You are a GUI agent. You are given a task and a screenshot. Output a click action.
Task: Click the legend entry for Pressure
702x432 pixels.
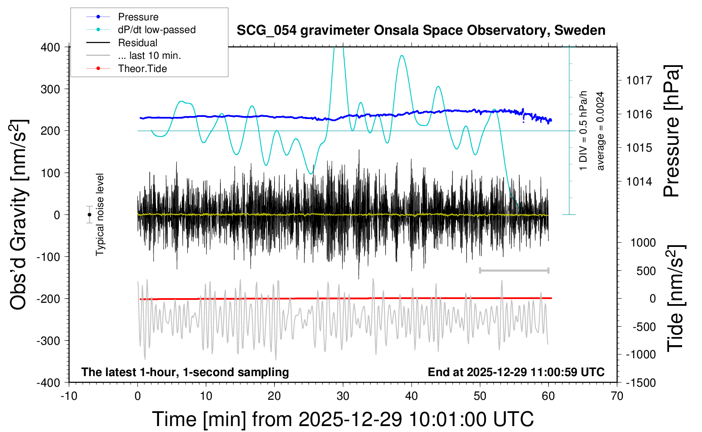pos(138,17)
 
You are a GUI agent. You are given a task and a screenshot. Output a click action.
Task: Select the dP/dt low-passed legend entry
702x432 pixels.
pos(156,30)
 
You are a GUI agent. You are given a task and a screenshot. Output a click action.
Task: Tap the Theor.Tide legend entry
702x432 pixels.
pos(142,69)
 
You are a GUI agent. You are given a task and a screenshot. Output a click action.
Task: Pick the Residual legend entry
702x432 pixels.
pos(137,43)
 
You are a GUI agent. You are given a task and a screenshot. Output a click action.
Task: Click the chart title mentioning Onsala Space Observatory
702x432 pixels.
pos(421,30)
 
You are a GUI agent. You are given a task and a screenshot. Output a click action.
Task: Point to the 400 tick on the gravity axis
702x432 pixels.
pos(50,47)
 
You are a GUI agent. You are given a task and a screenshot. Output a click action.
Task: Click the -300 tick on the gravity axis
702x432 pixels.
pos(48,341)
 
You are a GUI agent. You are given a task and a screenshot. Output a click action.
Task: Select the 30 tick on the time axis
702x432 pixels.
pos(343,396)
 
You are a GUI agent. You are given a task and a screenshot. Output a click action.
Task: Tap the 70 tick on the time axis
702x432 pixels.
pos(617,396)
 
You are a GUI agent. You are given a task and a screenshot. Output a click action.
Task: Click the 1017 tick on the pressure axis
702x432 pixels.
pos(639,80)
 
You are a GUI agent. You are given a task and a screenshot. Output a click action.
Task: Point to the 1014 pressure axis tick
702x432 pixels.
pos(639,182)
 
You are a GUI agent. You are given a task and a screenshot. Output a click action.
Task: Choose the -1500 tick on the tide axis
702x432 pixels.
pos(641,382)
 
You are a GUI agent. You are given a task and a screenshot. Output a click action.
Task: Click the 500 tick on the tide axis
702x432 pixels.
pos(646,271)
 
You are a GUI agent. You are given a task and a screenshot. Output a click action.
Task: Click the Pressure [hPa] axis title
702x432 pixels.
pos(672,131)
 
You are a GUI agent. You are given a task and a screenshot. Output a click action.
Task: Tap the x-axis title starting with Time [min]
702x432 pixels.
pos(343,419)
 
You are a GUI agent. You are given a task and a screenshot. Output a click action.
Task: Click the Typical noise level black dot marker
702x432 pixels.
pos(89,215)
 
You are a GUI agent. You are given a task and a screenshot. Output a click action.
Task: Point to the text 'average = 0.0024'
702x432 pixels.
pos(600,131)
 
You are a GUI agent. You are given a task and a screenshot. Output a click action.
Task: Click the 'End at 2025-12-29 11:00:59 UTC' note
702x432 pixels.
pos(516,372)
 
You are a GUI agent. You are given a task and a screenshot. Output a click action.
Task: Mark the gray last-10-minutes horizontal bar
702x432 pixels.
pos(514,270)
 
